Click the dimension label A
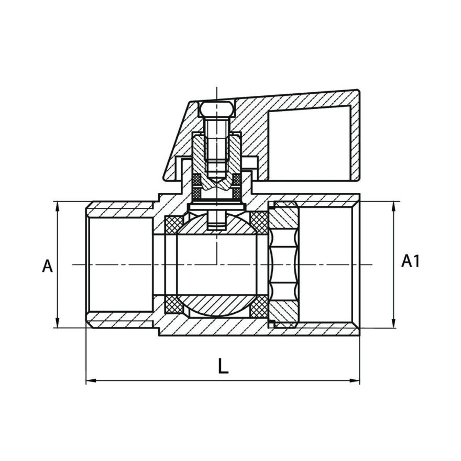point(47,266)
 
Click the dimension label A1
point(410,260)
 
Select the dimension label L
point(224,366)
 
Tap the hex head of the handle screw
point(217,108)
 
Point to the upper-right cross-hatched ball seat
point(259,222)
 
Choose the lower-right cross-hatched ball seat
point(259,306)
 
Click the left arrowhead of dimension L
point(91,380)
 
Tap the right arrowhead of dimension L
point(355,380)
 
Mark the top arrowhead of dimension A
point(58,206)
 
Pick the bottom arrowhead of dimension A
point(58,323)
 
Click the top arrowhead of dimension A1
point(393,206)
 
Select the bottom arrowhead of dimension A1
point(393,323)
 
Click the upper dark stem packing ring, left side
point(196,179)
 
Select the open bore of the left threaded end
point(120,265)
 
